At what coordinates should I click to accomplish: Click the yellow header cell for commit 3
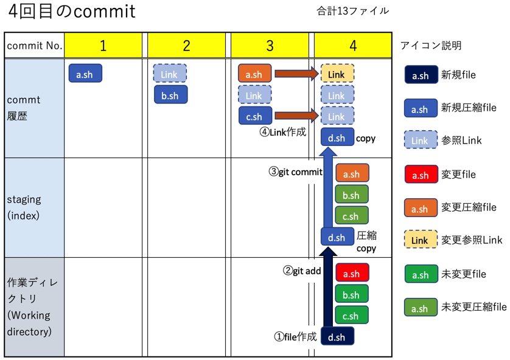(270, 46)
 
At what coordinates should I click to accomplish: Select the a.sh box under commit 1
(85, 74)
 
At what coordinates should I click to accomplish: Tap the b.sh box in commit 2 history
(170, 95)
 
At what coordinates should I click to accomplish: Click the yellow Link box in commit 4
(337, 74)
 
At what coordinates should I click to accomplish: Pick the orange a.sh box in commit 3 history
(254, 74)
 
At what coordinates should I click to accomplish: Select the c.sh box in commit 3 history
(254, 116)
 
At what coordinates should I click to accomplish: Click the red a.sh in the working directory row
(352, 273)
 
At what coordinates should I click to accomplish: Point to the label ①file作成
(295, 337)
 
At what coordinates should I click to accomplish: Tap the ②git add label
(302, 271)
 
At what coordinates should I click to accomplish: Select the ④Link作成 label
(282, 132)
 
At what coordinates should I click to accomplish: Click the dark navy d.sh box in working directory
(337, 337)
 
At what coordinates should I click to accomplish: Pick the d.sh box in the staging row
(337, 237)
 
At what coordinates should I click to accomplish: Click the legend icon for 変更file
(420, 175)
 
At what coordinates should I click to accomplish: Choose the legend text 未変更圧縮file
(474, 307)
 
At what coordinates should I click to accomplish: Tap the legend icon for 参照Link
(420, 140)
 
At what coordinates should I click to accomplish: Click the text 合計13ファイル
(352, 11)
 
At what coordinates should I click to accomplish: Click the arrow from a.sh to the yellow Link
(296, 74)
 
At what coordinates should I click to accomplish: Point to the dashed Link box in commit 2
(170, 74)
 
